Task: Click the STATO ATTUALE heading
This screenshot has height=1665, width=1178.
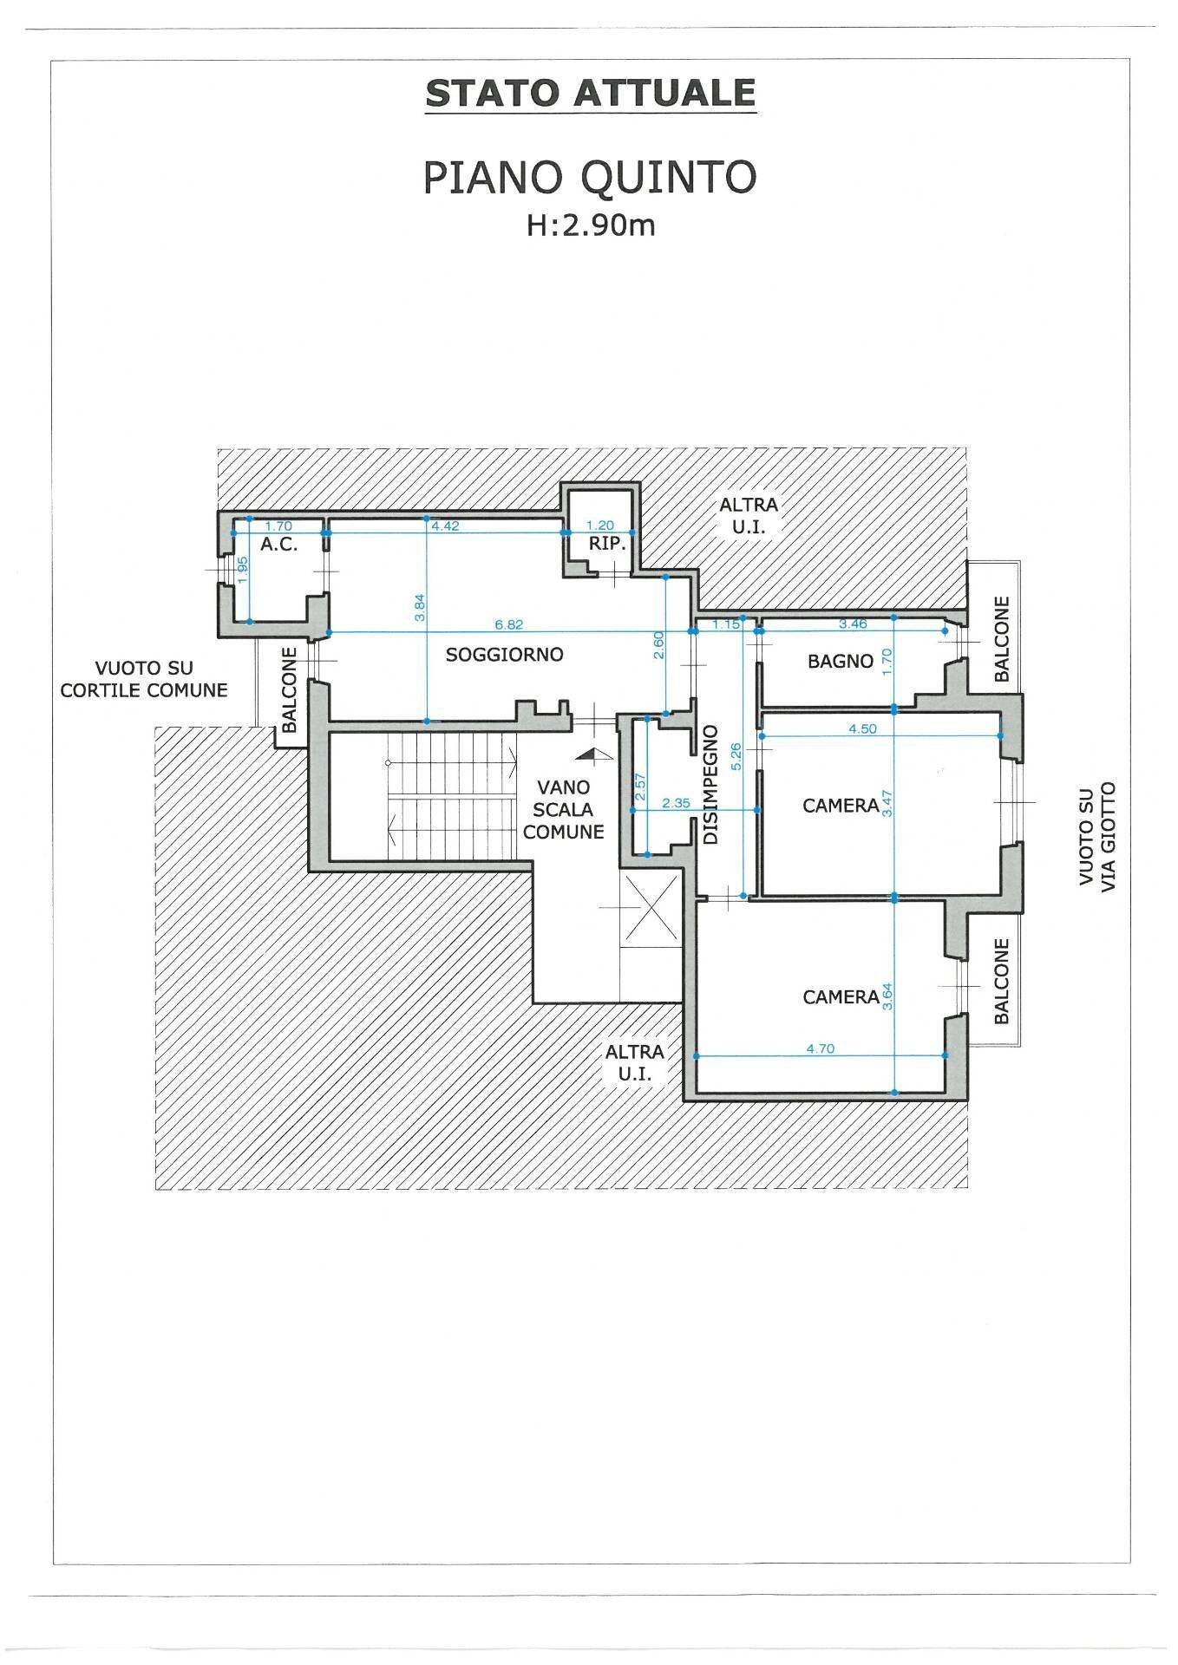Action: point(590,93)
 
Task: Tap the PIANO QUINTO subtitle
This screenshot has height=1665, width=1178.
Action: point(590,177)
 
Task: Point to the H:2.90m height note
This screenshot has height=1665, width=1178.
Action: point(590,225)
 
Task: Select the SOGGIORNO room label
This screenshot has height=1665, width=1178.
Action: point(504,655)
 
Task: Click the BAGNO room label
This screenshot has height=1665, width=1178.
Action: point(840,661)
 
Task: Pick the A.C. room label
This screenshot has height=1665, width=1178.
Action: point(278,545)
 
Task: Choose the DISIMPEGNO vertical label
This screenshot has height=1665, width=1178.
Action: point(710,785)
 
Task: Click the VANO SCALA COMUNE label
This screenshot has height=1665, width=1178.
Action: point(564,809)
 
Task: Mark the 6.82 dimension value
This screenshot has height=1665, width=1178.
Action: point(508,624)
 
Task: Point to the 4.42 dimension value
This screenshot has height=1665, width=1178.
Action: point(444,526)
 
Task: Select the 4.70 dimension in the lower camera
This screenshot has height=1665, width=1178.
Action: point(820,1048)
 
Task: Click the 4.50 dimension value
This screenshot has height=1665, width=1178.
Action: point(862,729)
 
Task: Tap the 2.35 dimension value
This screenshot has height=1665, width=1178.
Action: point(676,803)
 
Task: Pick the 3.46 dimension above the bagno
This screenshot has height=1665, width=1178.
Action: point(854,624)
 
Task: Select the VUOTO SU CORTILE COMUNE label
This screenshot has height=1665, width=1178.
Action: point(144,679)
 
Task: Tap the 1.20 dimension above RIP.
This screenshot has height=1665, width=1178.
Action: point(600,526)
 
